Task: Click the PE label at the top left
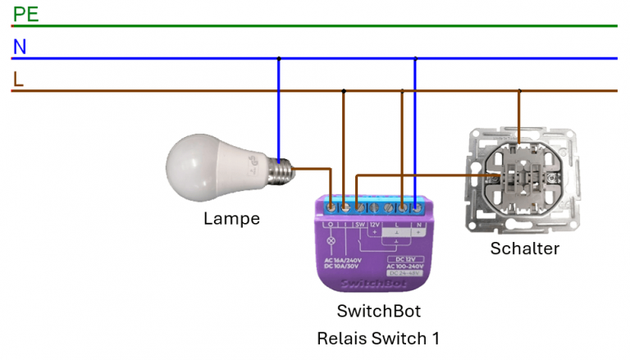coord(25,14)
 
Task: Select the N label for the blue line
coord(20,48)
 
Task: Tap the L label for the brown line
coord(18,80)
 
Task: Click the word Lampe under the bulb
coord(231,219)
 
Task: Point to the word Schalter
coord(524,248)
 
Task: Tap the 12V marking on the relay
coord(374,223)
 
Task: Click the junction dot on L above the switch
coord(518,91)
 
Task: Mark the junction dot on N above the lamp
coord(279,58)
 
